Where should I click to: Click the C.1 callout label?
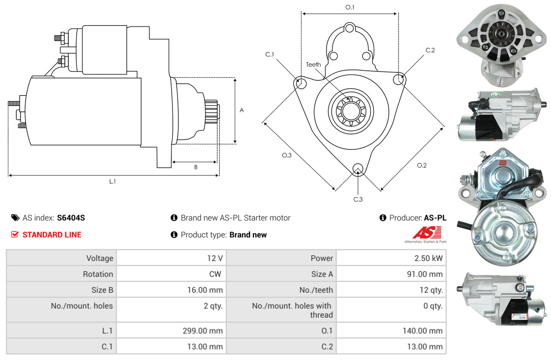269,54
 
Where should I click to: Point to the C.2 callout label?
430,50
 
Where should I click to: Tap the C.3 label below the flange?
358,199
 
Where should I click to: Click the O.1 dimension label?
350,7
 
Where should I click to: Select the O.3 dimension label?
286,155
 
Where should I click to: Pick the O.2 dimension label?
422,165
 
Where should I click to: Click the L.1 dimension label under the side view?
113,182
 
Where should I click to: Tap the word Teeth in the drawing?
313,64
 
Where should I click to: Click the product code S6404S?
71,218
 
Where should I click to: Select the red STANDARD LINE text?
52,235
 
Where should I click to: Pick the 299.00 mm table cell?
203,331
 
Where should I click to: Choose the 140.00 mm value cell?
422,331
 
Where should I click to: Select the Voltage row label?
100,258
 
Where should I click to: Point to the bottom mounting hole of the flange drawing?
358,169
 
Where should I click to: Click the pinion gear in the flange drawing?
350,112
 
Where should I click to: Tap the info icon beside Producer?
383,218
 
